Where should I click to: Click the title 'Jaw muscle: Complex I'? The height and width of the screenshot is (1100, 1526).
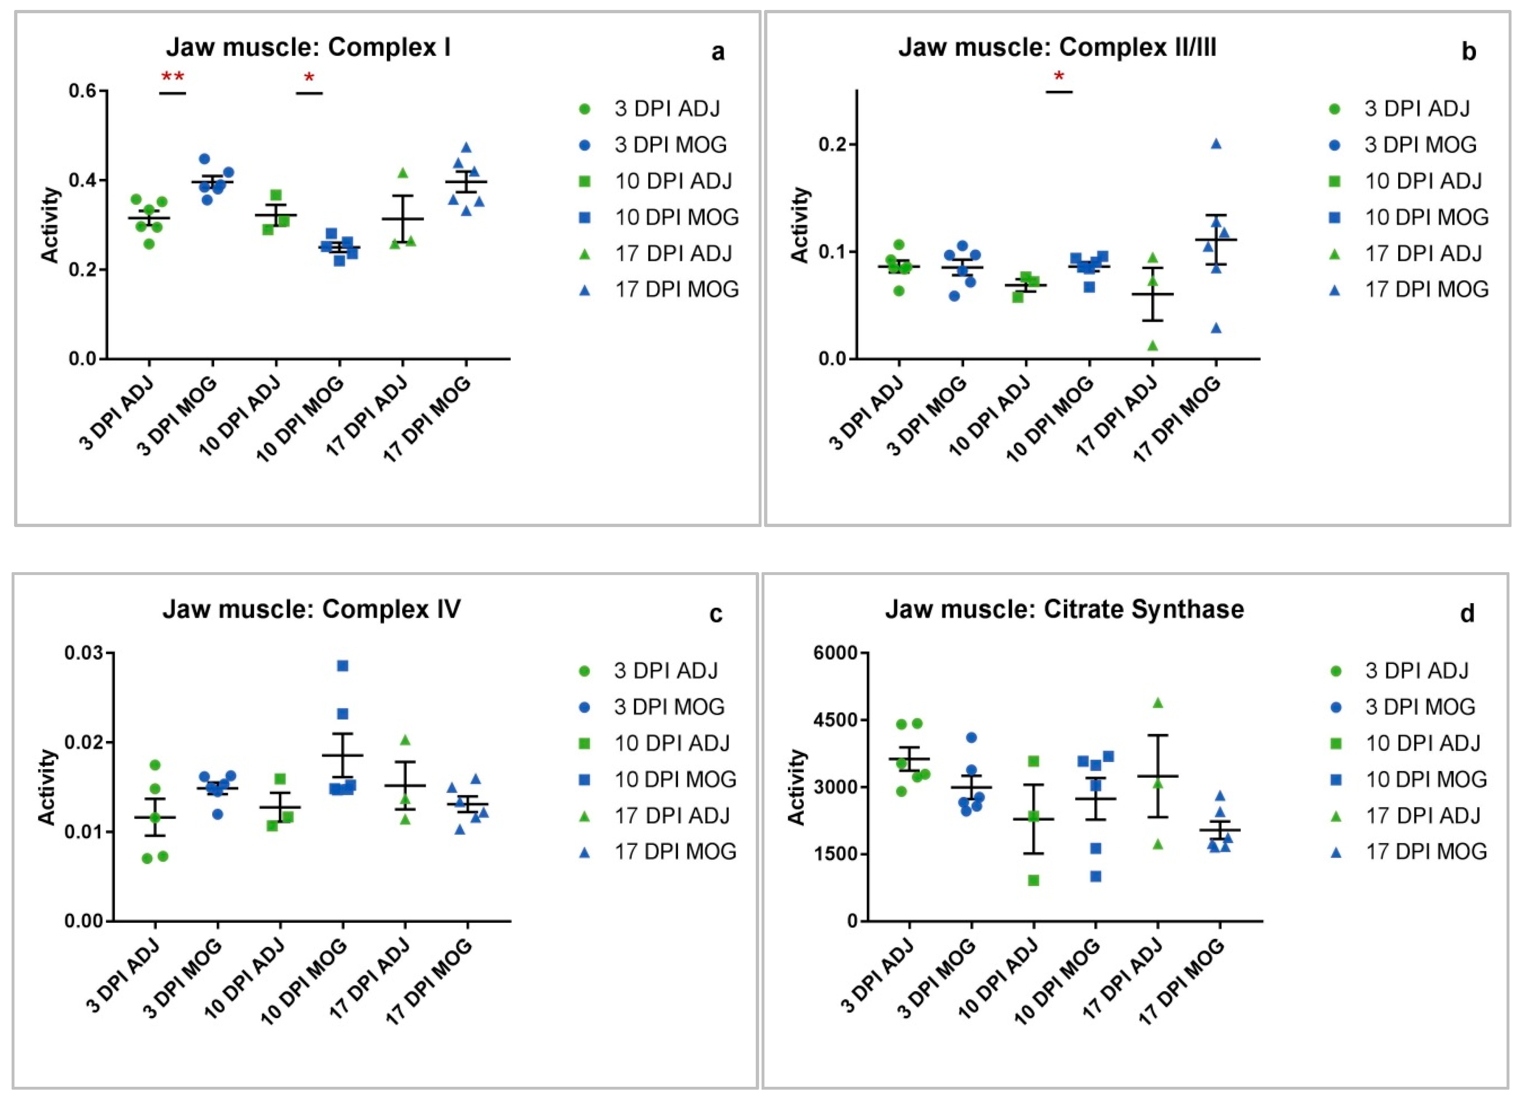(308, 48)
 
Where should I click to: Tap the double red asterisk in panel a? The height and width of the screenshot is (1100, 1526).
(172, 77)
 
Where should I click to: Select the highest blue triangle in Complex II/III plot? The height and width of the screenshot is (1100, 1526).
(1216, 143)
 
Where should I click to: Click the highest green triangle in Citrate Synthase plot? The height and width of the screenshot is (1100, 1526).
(1158, 703)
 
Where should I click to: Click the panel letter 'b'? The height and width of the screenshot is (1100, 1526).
(1469, 52)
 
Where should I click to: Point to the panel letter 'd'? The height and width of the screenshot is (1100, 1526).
(1467, 614)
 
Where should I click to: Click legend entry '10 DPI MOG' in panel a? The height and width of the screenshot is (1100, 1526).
(676, 217)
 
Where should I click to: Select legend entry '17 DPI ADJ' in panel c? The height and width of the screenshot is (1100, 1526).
(671, 815)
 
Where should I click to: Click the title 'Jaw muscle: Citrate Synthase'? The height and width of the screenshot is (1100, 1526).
(1064, 609)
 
